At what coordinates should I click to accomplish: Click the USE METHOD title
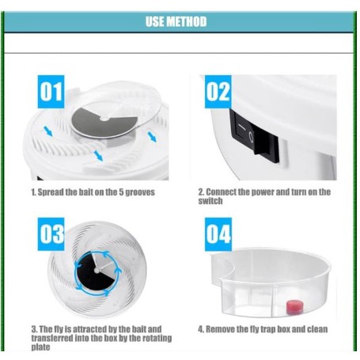[x=176, y=21]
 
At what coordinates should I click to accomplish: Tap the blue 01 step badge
[x=51, y=92]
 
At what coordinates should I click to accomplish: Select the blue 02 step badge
[x=218, y=92]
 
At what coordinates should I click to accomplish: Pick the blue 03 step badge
[x=51, y=234]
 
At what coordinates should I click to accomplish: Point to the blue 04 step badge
[x=218, y=234]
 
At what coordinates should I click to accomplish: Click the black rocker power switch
[x=254, y=136]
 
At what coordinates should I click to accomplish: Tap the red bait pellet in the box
[x=294, y=306]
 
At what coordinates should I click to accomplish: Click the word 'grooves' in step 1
[x=140, y=192]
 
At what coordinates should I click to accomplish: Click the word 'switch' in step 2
[x=210, y=201]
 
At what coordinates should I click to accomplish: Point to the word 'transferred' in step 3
[x=52, y=338]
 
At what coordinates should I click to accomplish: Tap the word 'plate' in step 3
[x=40, y=347]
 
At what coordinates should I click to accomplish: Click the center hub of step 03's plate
[x=97, y=271]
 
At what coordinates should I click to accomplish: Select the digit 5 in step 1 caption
[x=121, y=192]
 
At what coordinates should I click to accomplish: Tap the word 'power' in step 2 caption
[x=263, y=192]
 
